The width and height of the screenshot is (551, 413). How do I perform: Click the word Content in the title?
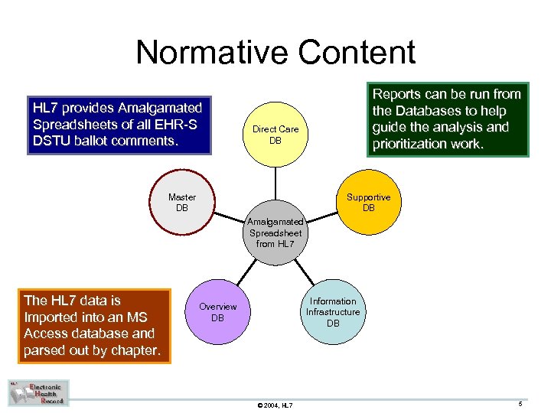click(357, 53)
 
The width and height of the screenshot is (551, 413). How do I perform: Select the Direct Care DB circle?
click(275, 135)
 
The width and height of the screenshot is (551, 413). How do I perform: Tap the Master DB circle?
click(182, 203)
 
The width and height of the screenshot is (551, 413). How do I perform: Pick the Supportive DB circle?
click(368, 203)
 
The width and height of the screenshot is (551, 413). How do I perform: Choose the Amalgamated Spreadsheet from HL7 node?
click(275, 233)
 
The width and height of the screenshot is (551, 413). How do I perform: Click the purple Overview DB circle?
click(217, 312)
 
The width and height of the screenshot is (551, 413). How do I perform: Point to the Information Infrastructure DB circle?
click(333, 312)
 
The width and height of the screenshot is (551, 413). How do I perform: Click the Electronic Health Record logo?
click(39, 392)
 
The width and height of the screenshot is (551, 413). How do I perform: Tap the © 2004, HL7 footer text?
click(275, 405)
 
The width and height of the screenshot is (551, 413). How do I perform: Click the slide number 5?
click(520, 403)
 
